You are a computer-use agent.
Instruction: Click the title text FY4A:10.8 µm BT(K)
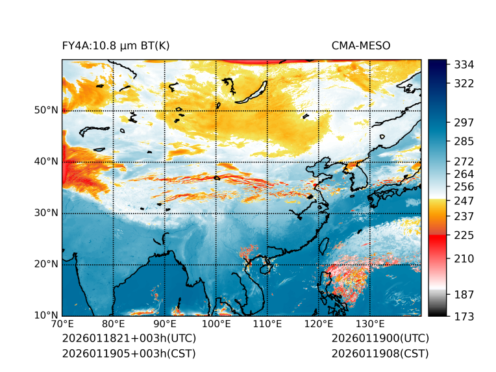tap(116, 45)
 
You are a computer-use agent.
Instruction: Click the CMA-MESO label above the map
tap(361, 45)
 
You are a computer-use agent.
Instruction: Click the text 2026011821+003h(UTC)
tap(129, 339)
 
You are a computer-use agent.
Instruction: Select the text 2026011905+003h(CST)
tap(129, 354)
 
